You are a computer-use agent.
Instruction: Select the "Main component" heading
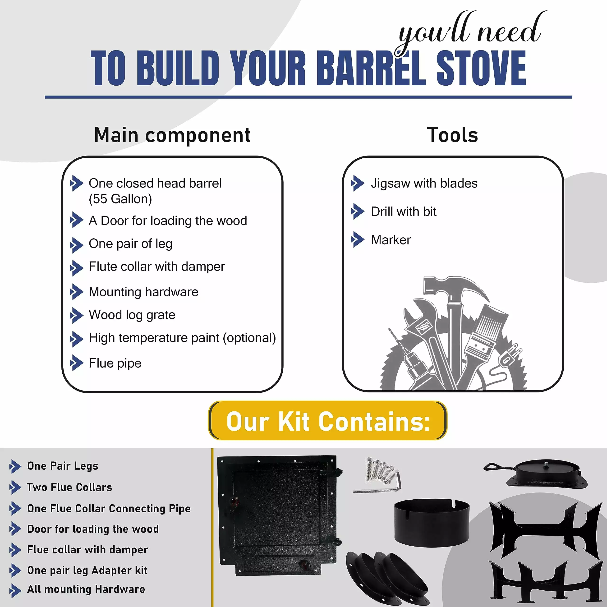pos(172,135)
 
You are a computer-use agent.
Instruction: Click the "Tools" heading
pos(452,135)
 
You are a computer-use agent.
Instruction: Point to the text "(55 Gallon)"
pos(120,199)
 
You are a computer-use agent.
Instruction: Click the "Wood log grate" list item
pos(132,315)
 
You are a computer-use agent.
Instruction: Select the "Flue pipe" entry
pos(115,363)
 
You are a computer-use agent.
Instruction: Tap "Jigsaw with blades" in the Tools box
pos(424,184)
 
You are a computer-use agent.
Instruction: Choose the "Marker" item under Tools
pos(391,240)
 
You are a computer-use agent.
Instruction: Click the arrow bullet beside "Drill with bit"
pos(358,212)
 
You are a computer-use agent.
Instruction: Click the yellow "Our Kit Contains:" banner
pos(328,421)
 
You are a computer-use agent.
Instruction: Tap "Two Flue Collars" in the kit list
pos(69,487)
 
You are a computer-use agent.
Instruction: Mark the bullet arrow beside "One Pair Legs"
pos(15,467)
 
